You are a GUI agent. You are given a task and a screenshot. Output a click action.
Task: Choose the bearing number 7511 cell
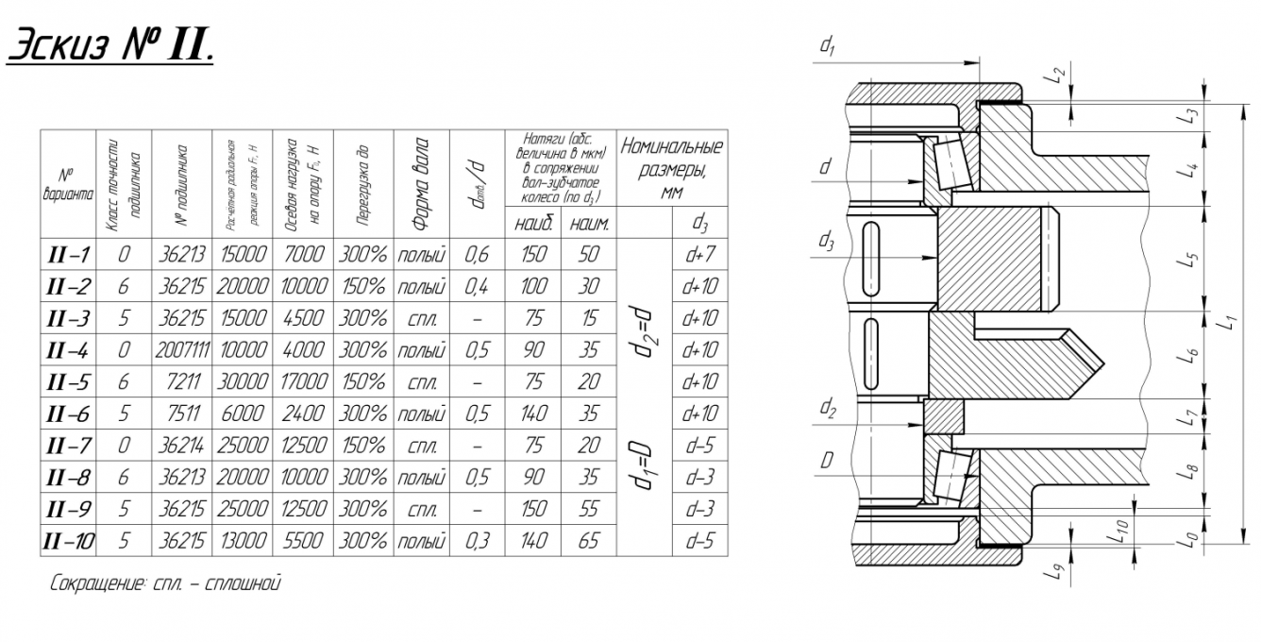[x=181, y=414]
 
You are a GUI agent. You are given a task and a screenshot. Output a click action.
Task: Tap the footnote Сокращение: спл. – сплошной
[x=165, y=583]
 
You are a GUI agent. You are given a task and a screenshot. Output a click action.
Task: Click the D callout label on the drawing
[x=826, y=461]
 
